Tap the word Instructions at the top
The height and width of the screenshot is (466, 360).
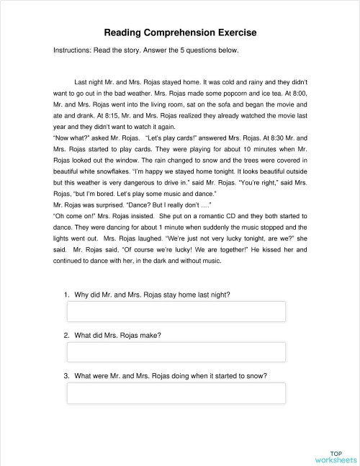point(74,50)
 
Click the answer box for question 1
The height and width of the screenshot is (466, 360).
point(176,311)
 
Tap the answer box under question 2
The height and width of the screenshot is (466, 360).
point(176,351)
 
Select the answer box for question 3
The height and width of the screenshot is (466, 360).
point(176,393)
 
